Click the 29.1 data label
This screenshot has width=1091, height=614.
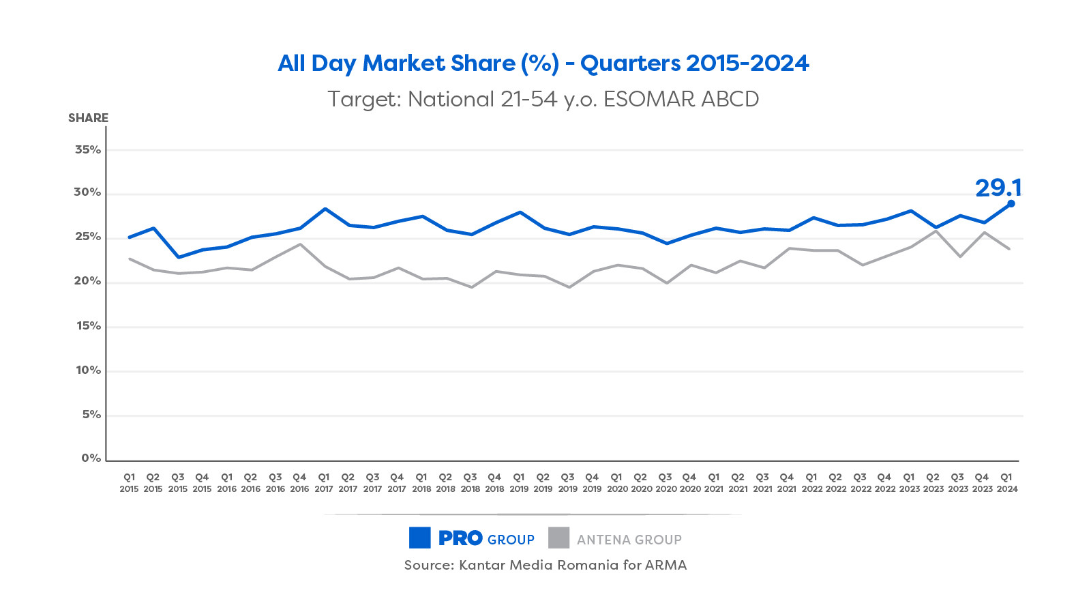point(998,188)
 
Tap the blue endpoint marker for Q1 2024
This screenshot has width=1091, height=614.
point(1011,203)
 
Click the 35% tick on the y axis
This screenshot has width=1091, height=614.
point(88,149)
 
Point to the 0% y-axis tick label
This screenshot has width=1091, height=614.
point(91,458)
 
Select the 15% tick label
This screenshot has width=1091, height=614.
point(88,326)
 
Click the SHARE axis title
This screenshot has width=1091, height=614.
point(88,118)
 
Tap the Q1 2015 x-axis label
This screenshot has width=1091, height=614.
point(129,483)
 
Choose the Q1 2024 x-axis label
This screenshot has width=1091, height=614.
point(1006,483)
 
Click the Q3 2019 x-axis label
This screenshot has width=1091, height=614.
point(568,483)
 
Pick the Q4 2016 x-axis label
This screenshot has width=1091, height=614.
point(299,483)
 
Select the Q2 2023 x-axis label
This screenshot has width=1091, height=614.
point(933,483)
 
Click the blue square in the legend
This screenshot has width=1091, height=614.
point(419,538)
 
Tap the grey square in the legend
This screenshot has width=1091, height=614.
point(558,538)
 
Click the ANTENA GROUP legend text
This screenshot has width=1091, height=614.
point(629,540)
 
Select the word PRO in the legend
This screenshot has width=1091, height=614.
point(460,538)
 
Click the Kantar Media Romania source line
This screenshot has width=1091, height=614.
point(545,565)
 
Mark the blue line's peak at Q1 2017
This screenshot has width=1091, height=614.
point(325,209)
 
